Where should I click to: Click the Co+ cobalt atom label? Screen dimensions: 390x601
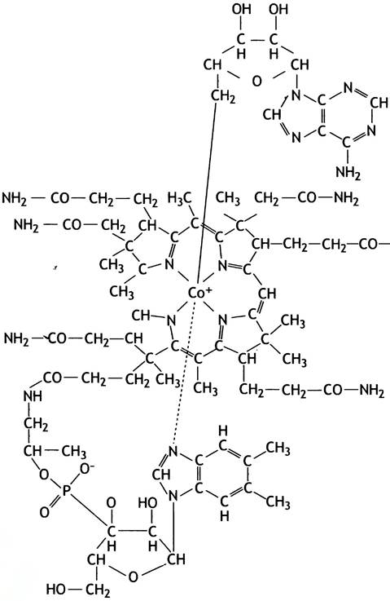[199, 294]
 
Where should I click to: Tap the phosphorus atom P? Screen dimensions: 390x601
[65, 492]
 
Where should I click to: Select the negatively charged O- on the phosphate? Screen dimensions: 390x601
[85, 469]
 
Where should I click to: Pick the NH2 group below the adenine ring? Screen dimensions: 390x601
[348, 173]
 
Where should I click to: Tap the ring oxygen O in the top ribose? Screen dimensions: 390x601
[257, 81]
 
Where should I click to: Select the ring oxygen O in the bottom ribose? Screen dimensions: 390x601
[133, 576]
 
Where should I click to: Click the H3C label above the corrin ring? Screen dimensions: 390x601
[179, 198]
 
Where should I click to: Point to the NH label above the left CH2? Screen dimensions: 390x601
[33, 396]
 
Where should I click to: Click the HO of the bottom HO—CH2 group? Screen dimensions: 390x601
[55, 588]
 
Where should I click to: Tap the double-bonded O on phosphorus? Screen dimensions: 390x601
[45, 512]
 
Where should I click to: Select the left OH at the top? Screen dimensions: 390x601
[242, 9]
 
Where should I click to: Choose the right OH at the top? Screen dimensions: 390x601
[278, 9]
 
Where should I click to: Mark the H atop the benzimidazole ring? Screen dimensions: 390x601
[223, 431]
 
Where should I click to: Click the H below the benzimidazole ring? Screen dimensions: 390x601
[225, 516]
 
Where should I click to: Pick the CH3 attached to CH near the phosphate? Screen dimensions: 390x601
[74, 451]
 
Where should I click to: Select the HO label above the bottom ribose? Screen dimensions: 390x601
[147, 502]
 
